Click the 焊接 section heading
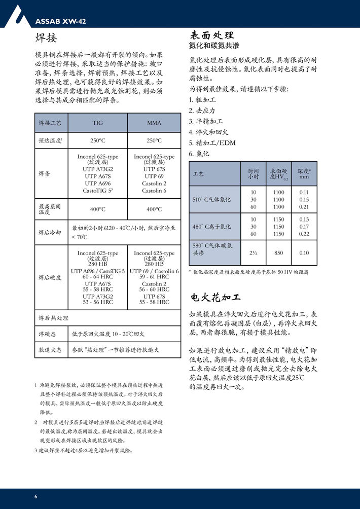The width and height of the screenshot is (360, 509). tap(46, 39)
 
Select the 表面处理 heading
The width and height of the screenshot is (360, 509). tap(211, 35)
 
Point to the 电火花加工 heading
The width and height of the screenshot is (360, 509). tap(215, 297)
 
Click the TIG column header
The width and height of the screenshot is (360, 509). tap(97, 123)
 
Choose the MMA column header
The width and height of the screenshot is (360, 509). tap(154, 123)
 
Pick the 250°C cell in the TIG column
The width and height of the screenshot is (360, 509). tap(97, 140)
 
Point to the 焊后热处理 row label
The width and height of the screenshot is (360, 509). tap(53, 318)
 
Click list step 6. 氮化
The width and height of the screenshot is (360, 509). tap(199, 154)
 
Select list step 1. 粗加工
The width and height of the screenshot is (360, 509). tap(202, 100)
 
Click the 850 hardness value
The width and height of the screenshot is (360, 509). tap(278, 252)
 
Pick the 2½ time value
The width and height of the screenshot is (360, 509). tap(253, 252)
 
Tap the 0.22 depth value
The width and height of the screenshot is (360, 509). tap(304, 234)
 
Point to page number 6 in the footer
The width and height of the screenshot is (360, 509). tap(35, 496)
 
